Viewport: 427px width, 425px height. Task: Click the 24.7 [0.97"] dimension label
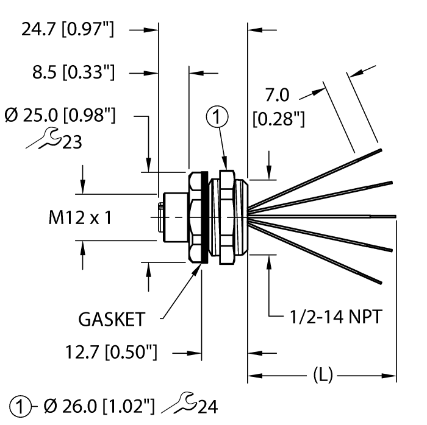[68, 29]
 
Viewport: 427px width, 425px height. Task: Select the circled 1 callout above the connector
[219, 116]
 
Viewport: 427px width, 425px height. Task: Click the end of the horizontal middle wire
[395, 216]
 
